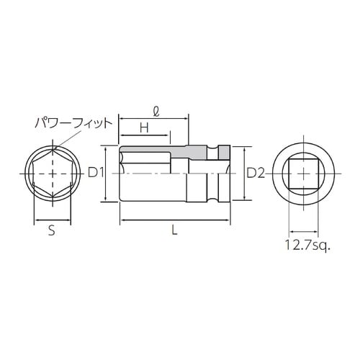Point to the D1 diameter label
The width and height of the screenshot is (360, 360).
(x=96, y=173)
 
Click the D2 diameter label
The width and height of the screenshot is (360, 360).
(x=256, y=173)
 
